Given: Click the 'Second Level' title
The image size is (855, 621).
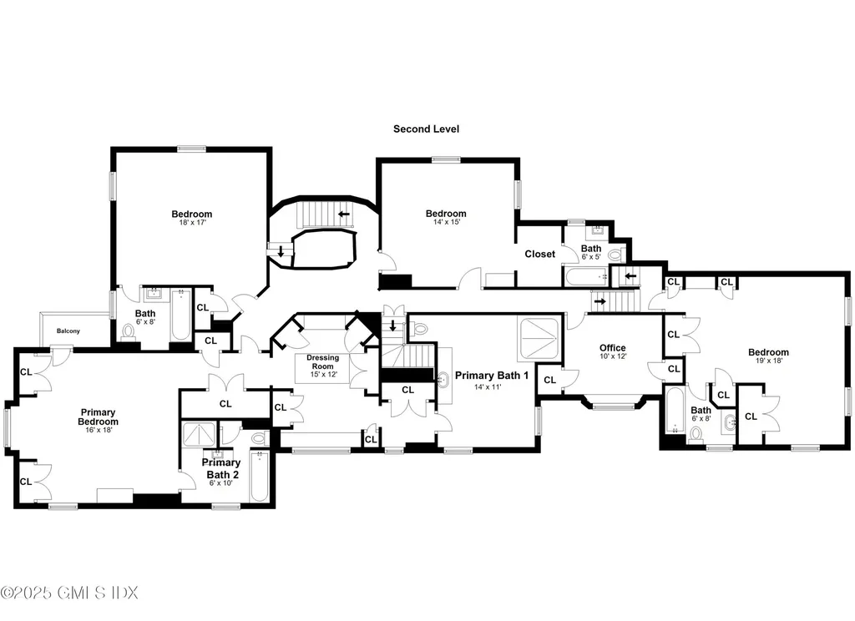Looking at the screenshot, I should [426, 129].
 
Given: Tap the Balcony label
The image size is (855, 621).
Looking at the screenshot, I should [68, 331].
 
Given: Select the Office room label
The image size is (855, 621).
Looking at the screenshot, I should [612, 348].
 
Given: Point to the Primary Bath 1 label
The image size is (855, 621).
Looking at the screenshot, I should [492, 376].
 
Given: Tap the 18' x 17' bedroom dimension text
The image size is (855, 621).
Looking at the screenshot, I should [192, 224].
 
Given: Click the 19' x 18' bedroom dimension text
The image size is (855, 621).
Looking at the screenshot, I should [768, 362].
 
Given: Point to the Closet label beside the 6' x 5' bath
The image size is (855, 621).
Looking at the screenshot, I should [539, 254].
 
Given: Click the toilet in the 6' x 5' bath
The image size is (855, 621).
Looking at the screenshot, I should [616, 254].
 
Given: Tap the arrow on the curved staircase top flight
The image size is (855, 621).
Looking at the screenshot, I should [343, 214].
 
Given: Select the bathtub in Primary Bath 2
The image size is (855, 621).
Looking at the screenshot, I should [259, 476].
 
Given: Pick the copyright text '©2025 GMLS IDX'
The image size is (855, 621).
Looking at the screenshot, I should [69, 593].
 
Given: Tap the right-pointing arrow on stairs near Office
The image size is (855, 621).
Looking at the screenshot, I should [600, 300].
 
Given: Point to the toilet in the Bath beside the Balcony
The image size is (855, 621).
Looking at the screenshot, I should [128, 332].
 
